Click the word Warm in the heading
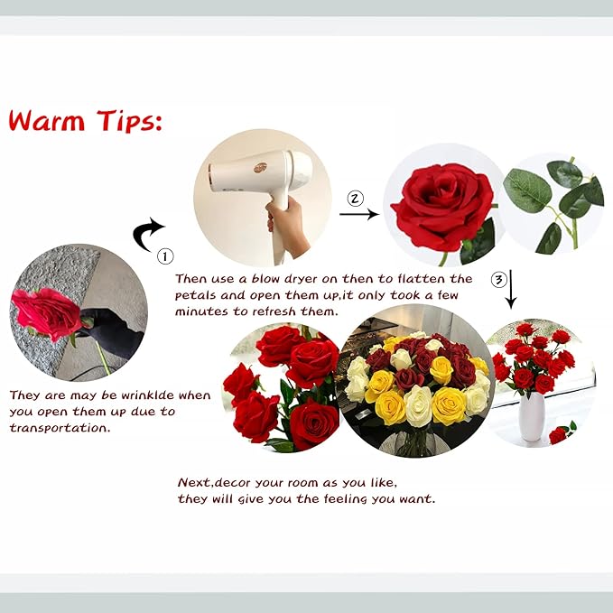(x=48, y=120)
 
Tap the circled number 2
(x=356, y=198)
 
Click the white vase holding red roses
(x=533, y=415)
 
